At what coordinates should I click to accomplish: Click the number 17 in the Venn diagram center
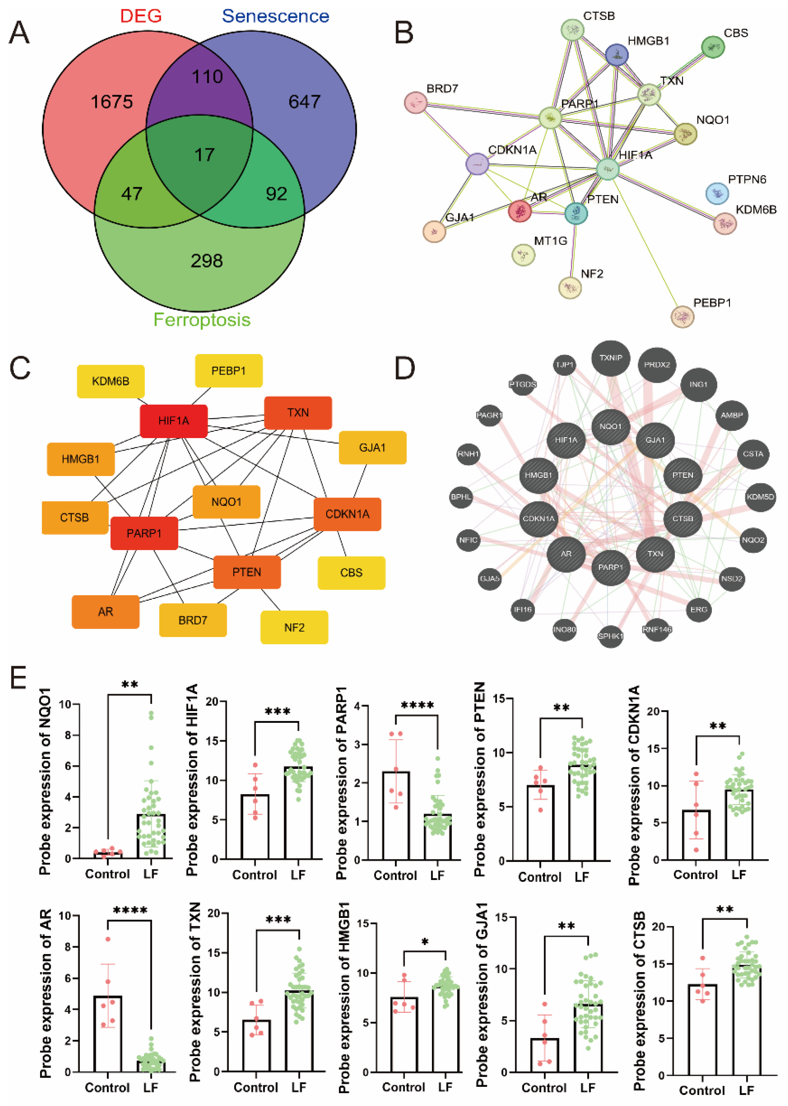(204, 155)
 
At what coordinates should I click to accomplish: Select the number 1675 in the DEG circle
(112, 102)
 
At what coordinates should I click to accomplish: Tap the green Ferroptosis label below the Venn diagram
(202, 320)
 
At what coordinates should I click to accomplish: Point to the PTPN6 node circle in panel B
(717, 193)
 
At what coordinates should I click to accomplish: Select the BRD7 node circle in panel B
(415, 102)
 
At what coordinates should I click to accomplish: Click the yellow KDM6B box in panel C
(111, 381)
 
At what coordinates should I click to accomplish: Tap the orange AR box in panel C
(105, 612)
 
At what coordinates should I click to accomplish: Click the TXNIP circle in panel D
(610, 358)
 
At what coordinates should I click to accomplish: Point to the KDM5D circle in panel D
(760, 497)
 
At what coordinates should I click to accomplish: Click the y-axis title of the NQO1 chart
(45, 781)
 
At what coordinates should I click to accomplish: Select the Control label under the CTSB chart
(702, 1090)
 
